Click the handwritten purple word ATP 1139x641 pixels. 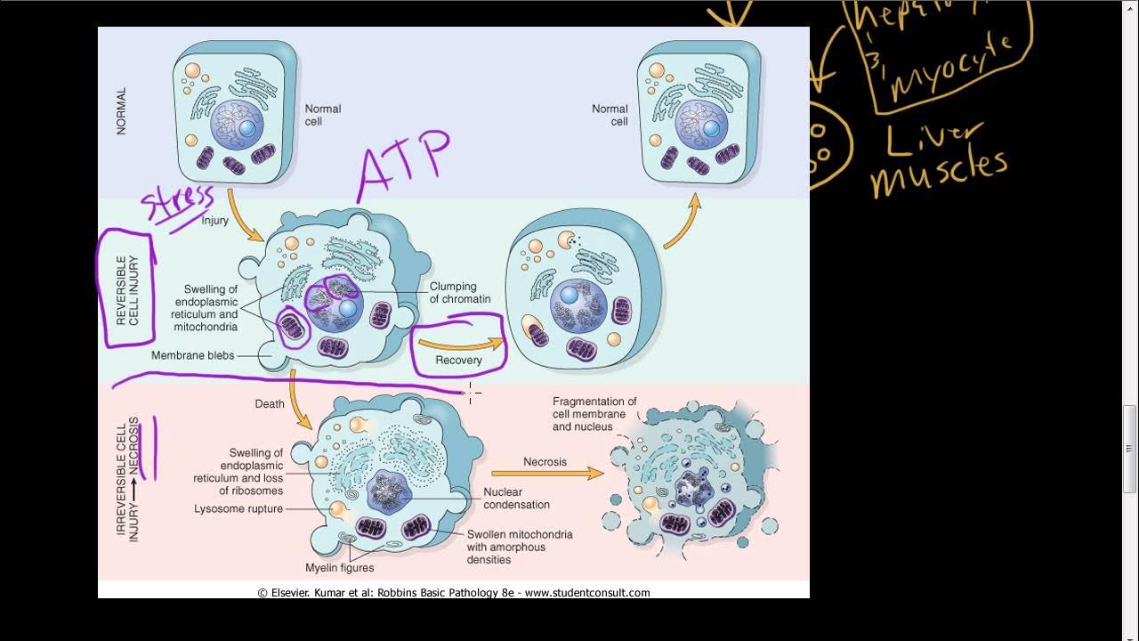click(403, 166)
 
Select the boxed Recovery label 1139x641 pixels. click(458, 360)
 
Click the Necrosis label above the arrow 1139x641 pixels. click(545, 462)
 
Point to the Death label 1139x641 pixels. click(270, 403)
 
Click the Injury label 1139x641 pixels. click(214, 221)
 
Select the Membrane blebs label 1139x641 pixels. click(192, 355)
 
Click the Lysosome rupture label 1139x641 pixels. click(238, 509)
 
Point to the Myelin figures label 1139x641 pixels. click(339, 568)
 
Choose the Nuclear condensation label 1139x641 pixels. click(516, 499)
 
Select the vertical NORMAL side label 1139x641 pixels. click(121, 110)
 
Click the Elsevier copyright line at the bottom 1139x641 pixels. click(454, 592)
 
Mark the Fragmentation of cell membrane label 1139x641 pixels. click(594, 414)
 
